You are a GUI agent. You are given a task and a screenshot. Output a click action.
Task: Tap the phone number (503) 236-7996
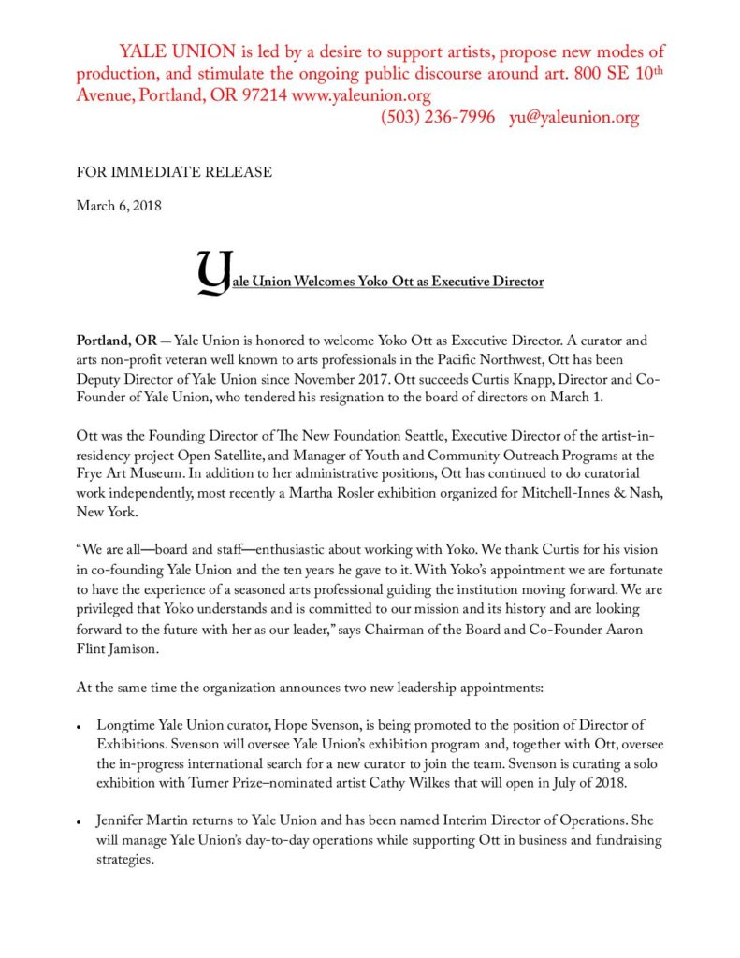pos(437,118)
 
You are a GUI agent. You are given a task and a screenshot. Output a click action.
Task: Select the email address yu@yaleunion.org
pos(573,118)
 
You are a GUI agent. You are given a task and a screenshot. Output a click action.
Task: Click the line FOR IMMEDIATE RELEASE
pos(174,172)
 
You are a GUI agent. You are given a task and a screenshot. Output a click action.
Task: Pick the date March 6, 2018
pos(118,206)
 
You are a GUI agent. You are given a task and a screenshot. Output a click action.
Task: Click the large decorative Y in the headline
pos(212,271)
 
